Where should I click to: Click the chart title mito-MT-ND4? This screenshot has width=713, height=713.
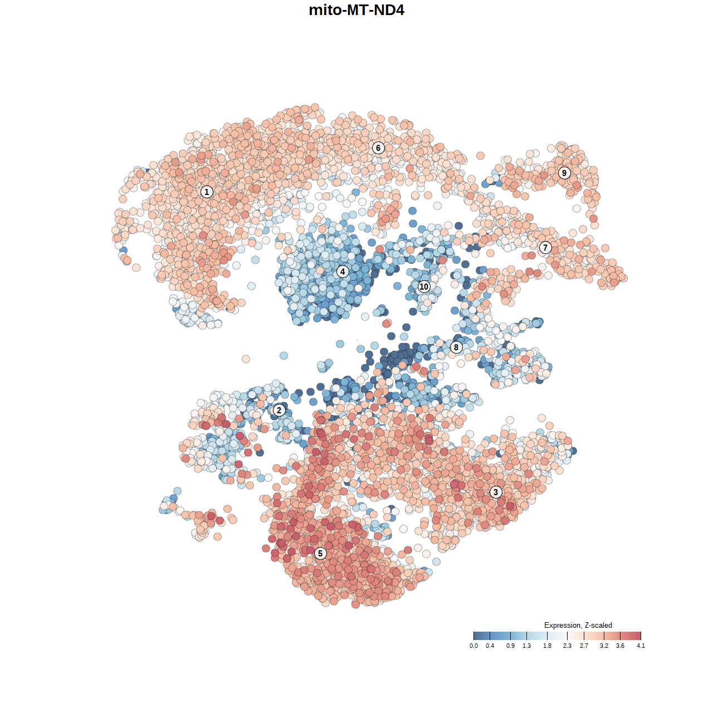tap(356, 10)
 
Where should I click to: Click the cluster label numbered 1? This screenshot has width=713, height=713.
tap(207, 192)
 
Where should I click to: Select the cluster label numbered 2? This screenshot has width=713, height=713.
tap(279, 411)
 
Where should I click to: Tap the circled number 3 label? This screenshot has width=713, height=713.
tap(496, 492)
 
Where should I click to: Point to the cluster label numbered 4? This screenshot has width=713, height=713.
tap(343, 271)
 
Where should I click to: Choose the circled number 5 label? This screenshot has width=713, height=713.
tap(320, 553)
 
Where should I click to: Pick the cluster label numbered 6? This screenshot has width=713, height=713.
tap(378, 148)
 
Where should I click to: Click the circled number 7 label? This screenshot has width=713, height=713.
tap(545, 247)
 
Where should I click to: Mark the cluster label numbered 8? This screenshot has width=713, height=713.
tap(456, 348)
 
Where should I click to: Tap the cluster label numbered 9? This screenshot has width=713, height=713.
tap(564, 173)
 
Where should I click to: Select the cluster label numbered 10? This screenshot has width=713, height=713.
tap(424, 286)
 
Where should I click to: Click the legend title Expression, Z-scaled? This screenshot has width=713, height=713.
tap(578, 625)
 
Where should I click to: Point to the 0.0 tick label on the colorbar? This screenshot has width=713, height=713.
tap(473, 646)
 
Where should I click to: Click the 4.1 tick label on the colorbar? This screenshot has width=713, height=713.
tap(641, 646)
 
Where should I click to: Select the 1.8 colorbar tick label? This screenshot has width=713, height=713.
tap(548, 646)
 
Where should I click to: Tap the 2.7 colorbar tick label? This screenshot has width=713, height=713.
tap(584, 646)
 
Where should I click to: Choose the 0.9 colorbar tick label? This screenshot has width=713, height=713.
tap(510, 646)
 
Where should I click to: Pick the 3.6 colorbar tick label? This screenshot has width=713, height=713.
tap(620, 646)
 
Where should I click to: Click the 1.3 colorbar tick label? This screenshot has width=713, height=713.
tap(526, 646)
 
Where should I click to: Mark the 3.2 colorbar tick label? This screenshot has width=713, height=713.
tap(604, 646)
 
